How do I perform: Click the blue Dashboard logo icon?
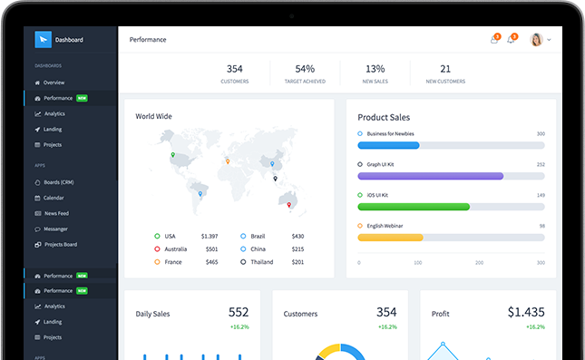pyautogui.click(x=43, y=40)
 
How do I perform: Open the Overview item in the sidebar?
pyautogui.click(x=54, y=83)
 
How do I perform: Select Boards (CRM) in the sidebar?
pyautogui.click(x=59, y=182)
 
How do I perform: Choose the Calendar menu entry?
pyautogui.click(x=54, y=198)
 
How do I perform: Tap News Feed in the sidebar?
pyautogui.click(x=56, y=213)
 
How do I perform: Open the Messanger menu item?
pyautogui.click(x=55, y=229)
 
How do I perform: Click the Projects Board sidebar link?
pyautogui.click(x=61, y=245)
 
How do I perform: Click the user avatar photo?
pyautogui.click(x=536, y=40)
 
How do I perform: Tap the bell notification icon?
pyautogui.click(x=511, y=40)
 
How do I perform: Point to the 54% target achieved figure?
pyautogui.click(x=305, y=69)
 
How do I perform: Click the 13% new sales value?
pyautogui.click(x=375, y=69)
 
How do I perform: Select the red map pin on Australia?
pyautogui.click(x=288, y=205)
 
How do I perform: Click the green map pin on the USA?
pyautogui.click(x=172, y=155)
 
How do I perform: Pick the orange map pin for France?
pyautogui.click(x=228, y=161)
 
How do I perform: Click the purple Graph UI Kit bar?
pyautogui.click(x=431, y=176)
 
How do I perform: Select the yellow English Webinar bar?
pyautogui.click(x=390, y=238)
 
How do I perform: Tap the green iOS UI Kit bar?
pyautogui.click(x=414, y=207)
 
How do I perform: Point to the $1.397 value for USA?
pyautogui.click(x=210, y=236)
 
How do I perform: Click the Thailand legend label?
pyautogui.click(x=261, y=262)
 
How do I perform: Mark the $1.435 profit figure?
pyautogui.click(x=526, y=312)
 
